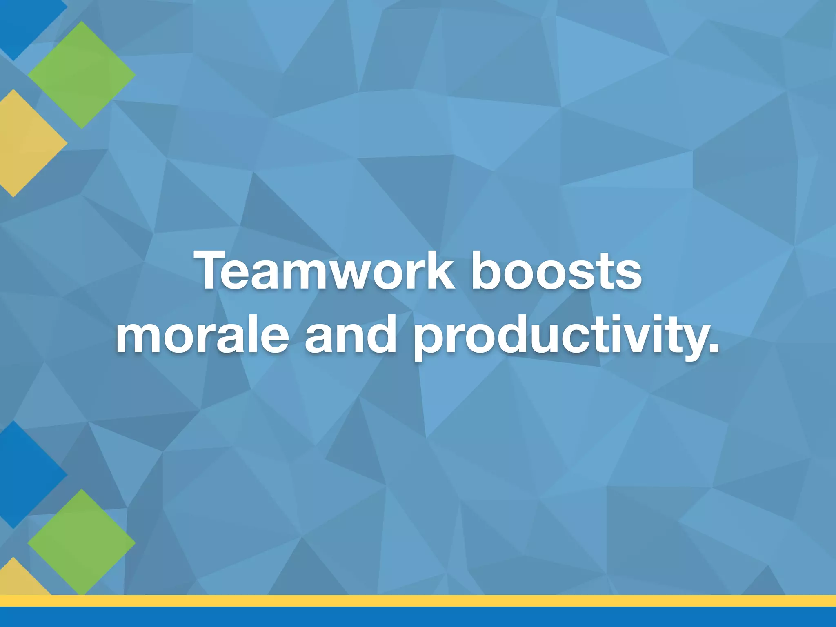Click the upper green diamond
(x=82, y=75)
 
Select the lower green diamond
(x=82, y=542)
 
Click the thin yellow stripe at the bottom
(x=418, y=600)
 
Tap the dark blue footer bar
(x=418, y=617)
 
